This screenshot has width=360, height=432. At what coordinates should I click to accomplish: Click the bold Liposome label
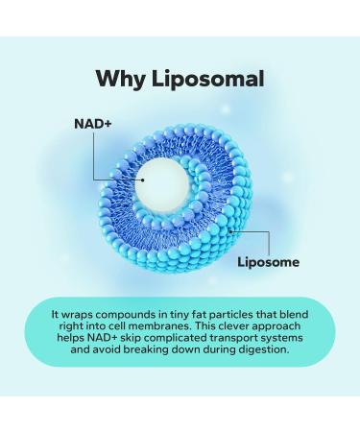[268, 261]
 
